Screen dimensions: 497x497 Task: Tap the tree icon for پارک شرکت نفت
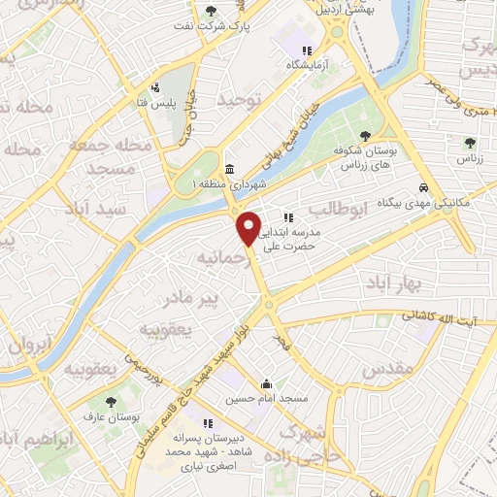[x=212, y=12]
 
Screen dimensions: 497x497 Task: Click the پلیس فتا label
[x=153, y=103]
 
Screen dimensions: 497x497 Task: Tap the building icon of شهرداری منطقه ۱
[x=229, y=169]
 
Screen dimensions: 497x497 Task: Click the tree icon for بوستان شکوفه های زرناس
[x=365, y=137]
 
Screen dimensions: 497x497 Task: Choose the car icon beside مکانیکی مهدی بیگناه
[x=422, y=187]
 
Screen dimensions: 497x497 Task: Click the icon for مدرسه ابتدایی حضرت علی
[x=287, y=217]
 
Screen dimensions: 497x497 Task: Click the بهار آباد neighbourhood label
[x=390, y=282]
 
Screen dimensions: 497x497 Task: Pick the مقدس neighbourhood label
[x=388, y=370]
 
